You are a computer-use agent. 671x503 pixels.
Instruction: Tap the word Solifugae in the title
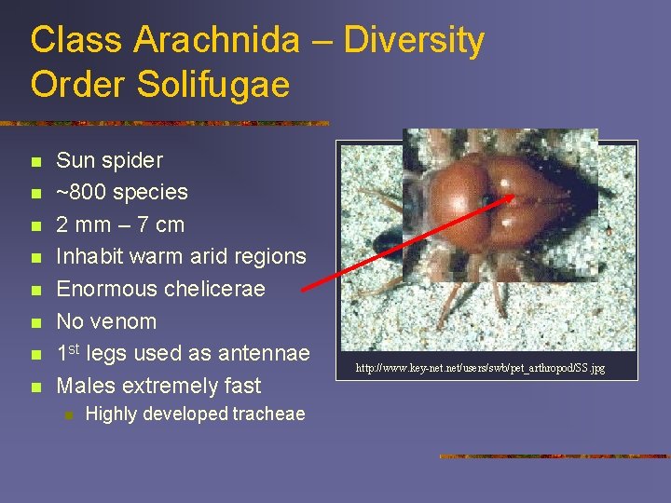(x=212, y=84)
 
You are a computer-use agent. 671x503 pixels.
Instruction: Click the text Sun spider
(x=110, y=160)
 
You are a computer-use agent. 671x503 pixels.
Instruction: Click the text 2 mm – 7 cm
(x=120, y=224)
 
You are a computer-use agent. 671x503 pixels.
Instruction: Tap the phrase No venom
(x=106, y=321)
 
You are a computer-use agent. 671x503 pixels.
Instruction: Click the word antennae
(x=264, y=353)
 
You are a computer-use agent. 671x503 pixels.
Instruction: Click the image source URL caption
(x=480, y=369)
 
